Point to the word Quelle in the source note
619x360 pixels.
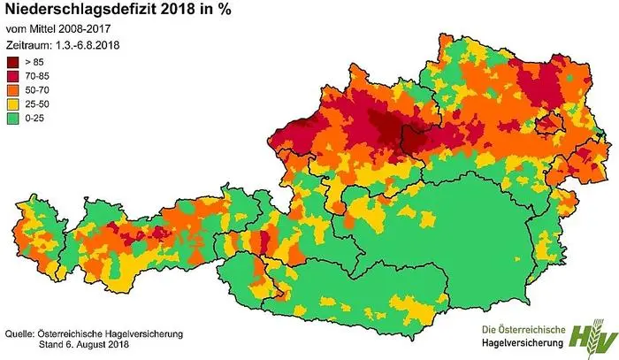pyautogui.click(x=19, y=333)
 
